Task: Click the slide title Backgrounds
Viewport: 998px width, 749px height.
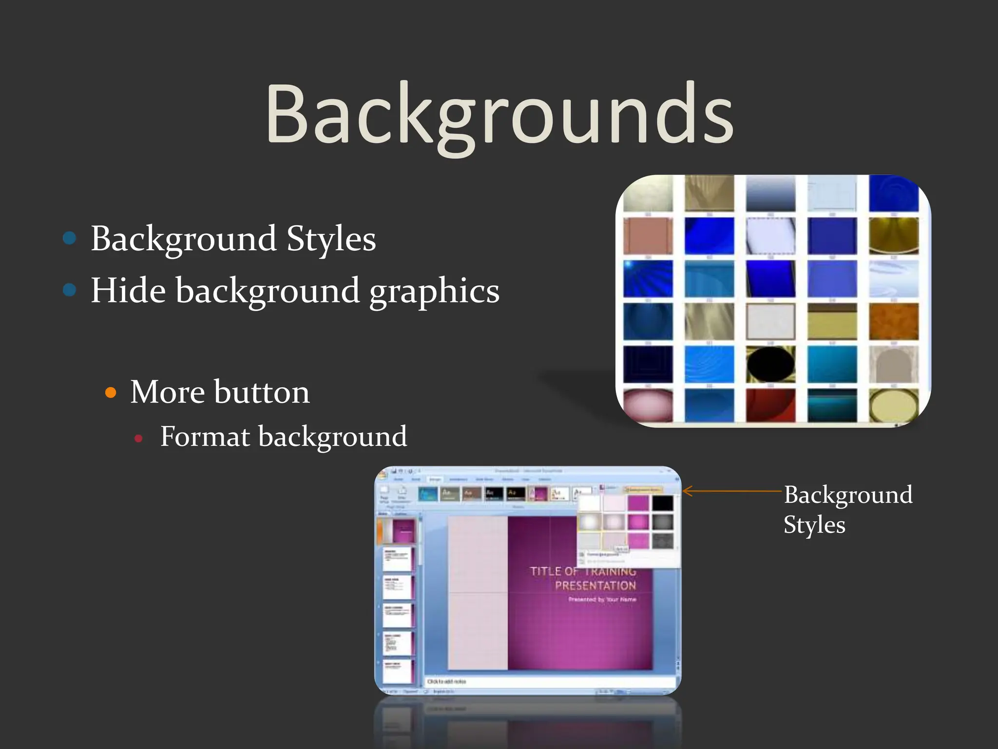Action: click(x=499, y=115)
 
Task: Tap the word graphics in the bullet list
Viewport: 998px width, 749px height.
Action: click(x=434, y=292)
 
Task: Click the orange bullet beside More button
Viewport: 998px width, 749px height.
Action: click(x=111, y=393)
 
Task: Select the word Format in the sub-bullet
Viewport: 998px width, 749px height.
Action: click(x=205, y=436)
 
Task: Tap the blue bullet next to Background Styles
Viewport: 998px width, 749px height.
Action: click(x=70, y=238)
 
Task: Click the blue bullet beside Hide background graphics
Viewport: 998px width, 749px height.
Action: click(x=70, y=290)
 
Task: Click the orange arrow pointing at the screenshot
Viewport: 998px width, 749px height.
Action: click(x=731, y=491)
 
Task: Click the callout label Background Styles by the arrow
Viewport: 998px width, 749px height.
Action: click(x=847, y=510)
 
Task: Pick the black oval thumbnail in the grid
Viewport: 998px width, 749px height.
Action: click(x=770, y=364)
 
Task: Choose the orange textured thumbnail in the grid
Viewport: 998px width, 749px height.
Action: click(x=893, y=322)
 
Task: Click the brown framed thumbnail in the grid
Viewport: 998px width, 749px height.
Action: click(x=648, y=236)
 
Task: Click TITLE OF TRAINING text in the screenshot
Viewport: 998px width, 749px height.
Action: click(x=583, y=571)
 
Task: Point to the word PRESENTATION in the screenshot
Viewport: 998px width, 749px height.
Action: click(x=595, y=585)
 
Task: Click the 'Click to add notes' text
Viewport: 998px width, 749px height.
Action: click(x=446, y=681)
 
